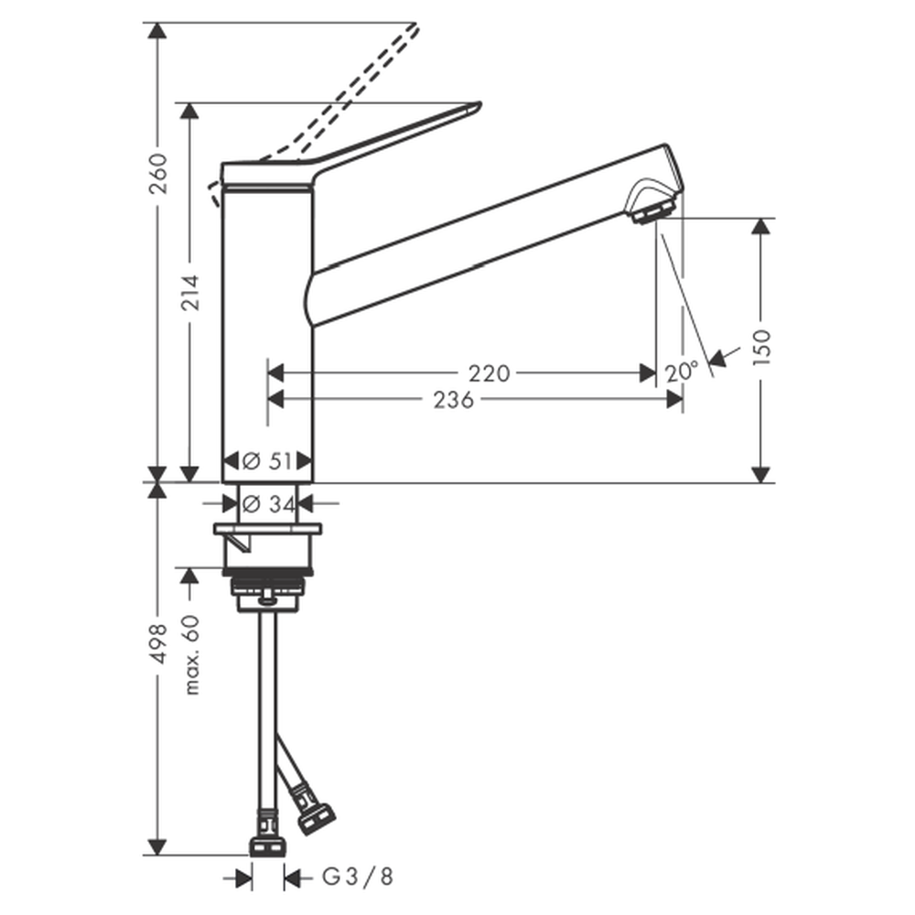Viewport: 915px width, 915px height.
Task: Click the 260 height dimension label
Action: [x=157, y=174]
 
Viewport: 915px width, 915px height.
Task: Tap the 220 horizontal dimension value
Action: [x=489, y=373]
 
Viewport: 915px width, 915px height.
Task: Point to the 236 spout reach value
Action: [x=454, y=401]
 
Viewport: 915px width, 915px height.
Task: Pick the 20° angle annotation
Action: [x=681, y=371]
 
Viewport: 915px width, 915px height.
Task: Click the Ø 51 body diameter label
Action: [x=266, y=461]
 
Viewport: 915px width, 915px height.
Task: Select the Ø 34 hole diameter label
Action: [x=268, y=503]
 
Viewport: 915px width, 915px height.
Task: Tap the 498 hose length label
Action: [x=157, y=643]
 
